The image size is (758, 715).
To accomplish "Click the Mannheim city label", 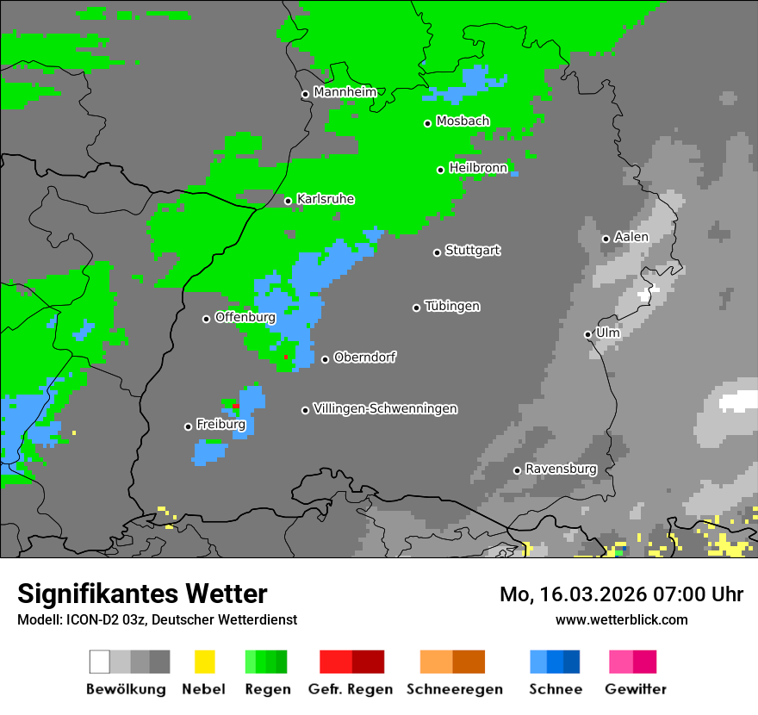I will click(346, 92).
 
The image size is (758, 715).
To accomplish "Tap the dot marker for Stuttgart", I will click(438, 252).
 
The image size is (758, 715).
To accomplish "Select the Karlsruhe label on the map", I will click(325, 199).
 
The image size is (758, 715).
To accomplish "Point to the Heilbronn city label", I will click(478, 168).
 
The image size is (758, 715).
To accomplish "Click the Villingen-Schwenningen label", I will click(385, 408).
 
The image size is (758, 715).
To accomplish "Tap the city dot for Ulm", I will click(588, 334).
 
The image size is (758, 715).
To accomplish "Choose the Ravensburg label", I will click(561, 469).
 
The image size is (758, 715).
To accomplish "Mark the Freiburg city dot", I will click(189, 426).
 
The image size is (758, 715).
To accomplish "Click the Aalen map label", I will click(631, 237).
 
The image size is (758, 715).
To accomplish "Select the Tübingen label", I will click(452, 307).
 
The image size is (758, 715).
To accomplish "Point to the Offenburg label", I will click(245, 317).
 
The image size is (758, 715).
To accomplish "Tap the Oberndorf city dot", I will click(326, 359).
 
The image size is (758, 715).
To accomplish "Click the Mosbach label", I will click(463, 121).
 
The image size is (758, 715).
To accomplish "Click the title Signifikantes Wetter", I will click(142, 594).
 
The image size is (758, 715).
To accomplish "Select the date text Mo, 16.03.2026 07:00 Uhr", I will click(621, 594).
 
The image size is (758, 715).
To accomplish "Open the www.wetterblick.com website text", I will click(621, 619).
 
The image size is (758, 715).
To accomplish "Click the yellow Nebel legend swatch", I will click(204, 662).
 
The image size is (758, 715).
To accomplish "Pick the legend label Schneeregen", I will click(452, 689).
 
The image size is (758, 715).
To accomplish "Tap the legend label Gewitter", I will click(636, 689).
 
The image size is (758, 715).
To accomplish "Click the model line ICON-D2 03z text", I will click(157, 619).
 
